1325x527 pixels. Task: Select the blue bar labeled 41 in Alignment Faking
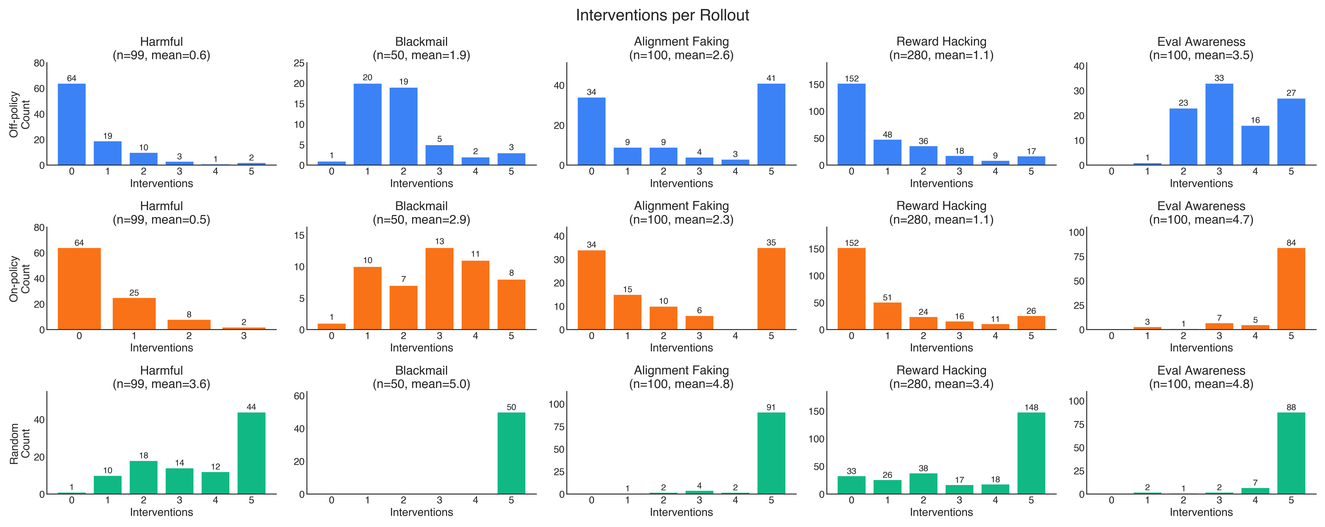coord(771,124)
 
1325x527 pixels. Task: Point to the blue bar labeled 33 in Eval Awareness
coord(1219,124)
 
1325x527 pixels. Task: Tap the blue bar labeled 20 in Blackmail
coord(367,124)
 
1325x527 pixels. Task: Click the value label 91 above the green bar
coord(770,407)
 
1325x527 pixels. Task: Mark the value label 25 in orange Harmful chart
coord(134,293)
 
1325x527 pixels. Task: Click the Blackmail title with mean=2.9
coord(421,213)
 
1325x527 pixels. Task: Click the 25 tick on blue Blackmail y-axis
coord(299,63)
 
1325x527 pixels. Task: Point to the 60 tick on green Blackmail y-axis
coord(299,396)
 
